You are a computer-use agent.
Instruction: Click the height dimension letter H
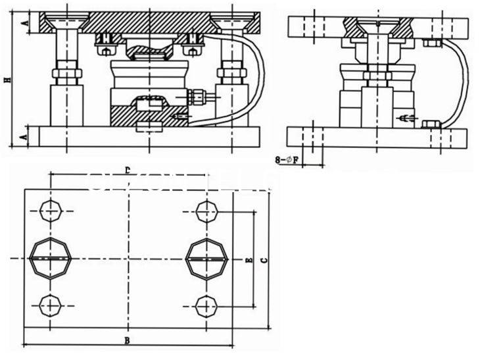pyautogui.click(x=8, y=79)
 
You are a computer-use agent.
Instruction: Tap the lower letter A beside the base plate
pyautogui.click(x=24, y=137)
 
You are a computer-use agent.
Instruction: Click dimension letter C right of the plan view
pyautogui.click(x=264, y=261)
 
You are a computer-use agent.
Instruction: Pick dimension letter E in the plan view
pyautogui.click(x=248, y=261)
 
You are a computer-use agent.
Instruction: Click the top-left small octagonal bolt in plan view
pyautogui.click(x=51, y=211)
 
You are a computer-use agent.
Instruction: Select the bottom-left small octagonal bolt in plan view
pyautogui.click(x=51, y=305)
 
